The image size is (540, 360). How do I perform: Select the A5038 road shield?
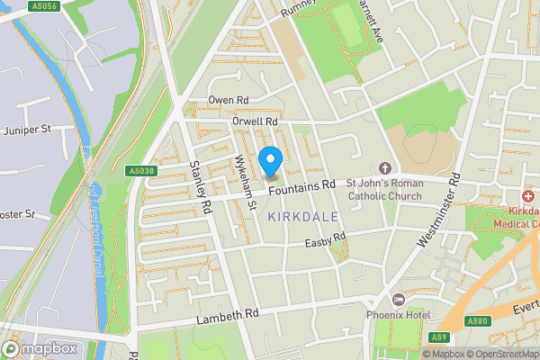(x=141, y=171)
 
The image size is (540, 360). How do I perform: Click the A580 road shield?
(x=479, y=320)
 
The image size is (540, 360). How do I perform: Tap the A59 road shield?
(x=439, y=337)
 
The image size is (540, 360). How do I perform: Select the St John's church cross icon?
(x=385, y=168)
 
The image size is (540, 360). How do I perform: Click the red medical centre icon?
(x=528, y=195)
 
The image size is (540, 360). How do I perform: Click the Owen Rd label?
(x=228, y=99)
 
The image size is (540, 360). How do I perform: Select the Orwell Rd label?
(x=256, y=121)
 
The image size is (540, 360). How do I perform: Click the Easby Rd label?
(x=325, y=240)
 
